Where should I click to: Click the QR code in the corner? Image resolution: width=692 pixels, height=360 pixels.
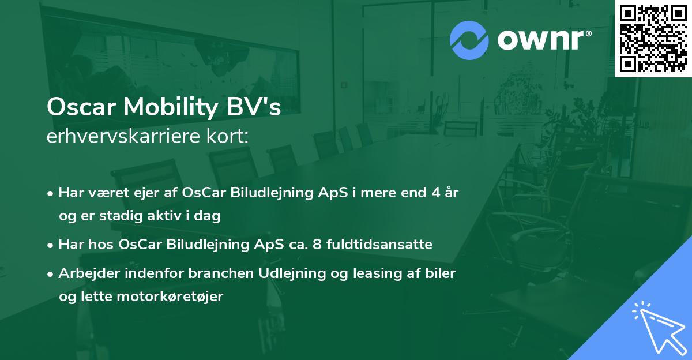click(653, 38)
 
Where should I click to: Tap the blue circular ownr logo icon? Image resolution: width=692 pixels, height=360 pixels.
click(469, 40)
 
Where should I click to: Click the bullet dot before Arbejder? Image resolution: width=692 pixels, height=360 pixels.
click(51, 274)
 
